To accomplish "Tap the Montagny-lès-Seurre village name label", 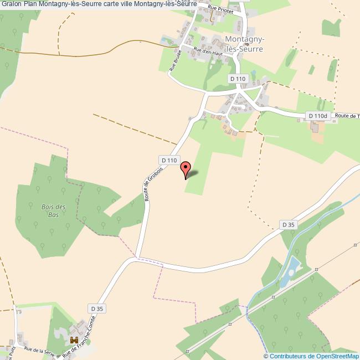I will coord(244,44).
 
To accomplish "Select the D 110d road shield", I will coord(318,116).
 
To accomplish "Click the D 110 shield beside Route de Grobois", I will coord(169,160).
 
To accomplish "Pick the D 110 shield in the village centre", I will coord(237,79).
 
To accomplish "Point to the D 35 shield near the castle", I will coord(96,308).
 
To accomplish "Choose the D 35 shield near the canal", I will coord(289,224).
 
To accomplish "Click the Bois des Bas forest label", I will coord(53,210).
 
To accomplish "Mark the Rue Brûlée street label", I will coord(174,61).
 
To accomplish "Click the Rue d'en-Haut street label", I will coord(203,52).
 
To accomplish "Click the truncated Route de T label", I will coord(348,116).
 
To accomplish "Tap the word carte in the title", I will coord(121,4).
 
